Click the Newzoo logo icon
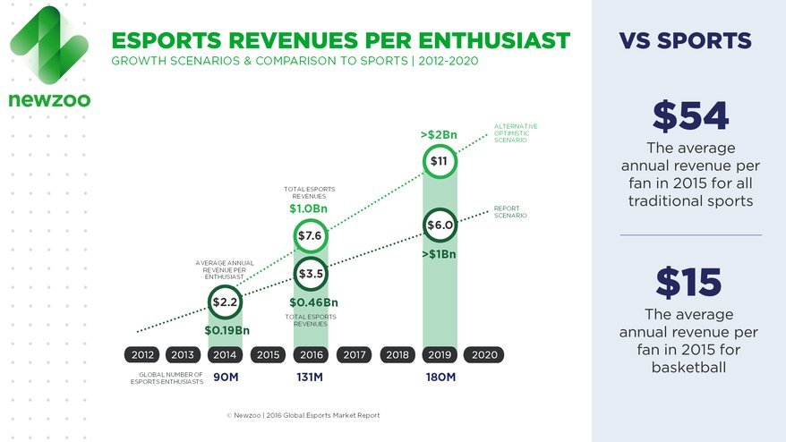pos(48,45)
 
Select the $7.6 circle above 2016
pos(310,235)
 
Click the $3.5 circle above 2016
pos(310,273)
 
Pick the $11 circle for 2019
pos(439,161)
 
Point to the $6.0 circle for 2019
pos(439,225)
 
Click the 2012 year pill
pos(143,355)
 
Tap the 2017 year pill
pos(355,355)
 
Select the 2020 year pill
pos(484,355)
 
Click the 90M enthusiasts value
pos(226,377)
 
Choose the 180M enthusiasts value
pos(440,377)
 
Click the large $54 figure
pos(690,116)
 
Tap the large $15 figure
pos(688,283)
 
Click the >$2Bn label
pos(439,135)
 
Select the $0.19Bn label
pos(226,330)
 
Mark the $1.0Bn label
pos(309,208)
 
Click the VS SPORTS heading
pos(685,41)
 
